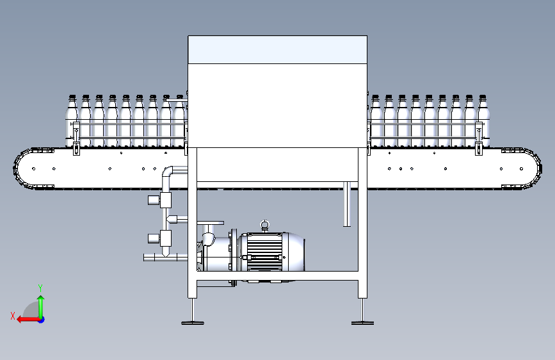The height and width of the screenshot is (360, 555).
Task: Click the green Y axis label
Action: click(40, 288)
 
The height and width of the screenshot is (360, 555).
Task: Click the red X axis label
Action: click(13, 316)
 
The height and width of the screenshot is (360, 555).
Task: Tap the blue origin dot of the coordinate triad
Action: click(42, 320)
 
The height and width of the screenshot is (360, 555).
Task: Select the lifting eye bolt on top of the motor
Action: click(264, 225)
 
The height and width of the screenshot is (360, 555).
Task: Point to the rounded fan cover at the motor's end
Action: click(296, 252)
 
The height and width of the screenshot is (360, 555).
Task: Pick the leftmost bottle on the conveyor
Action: click(72, 120)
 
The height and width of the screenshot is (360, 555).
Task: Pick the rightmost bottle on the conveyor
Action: click(483, 120)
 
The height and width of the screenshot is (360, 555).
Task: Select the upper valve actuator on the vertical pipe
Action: click(159, 200)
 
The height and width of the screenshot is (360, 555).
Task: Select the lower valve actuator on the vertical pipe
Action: click(159, 238)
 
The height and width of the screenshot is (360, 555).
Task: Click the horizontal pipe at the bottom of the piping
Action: click(165, 258)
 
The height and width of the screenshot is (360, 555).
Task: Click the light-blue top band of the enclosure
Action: click(278, 49)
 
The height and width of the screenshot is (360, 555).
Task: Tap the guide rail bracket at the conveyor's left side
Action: click(76, 138)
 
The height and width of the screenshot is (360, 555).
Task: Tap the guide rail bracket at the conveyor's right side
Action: click(479, 138)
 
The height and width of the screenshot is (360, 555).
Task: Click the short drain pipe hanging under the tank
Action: click(347, 204)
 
